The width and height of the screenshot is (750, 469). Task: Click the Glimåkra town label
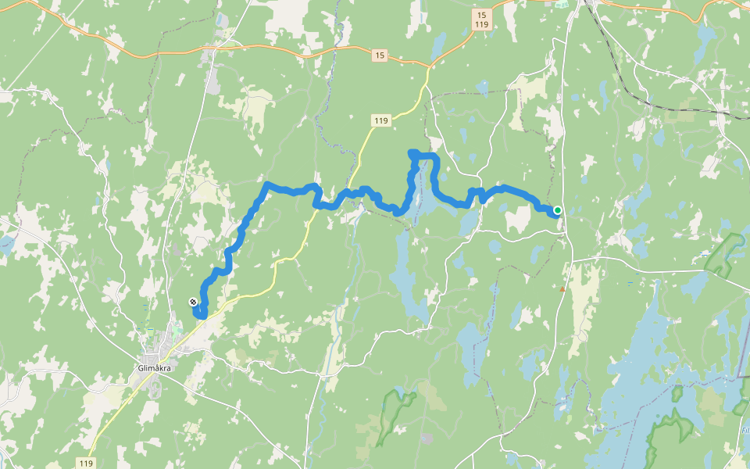click(153, 368)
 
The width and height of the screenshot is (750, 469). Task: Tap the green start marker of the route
click(558, 209)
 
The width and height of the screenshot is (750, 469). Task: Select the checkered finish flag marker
click(193, 301)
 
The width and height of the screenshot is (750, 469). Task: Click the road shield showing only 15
click(380, 55)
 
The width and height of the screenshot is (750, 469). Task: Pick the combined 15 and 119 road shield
click(482, 20)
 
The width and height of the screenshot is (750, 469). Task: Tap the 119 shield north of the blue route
click(380, 120)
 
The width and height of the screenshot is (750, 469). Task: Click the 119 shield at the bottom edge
click(87, 463)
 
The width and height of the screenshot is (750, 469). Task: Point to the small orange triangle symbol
click(562, 289)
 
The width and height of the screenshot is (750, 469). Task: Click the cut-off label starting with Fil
click(745, 431)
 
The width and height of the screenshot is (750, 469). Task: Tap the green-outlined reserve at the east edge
click(725, 254)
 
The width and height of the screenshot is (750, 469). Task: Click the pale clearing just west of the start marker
click(517, 218)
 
